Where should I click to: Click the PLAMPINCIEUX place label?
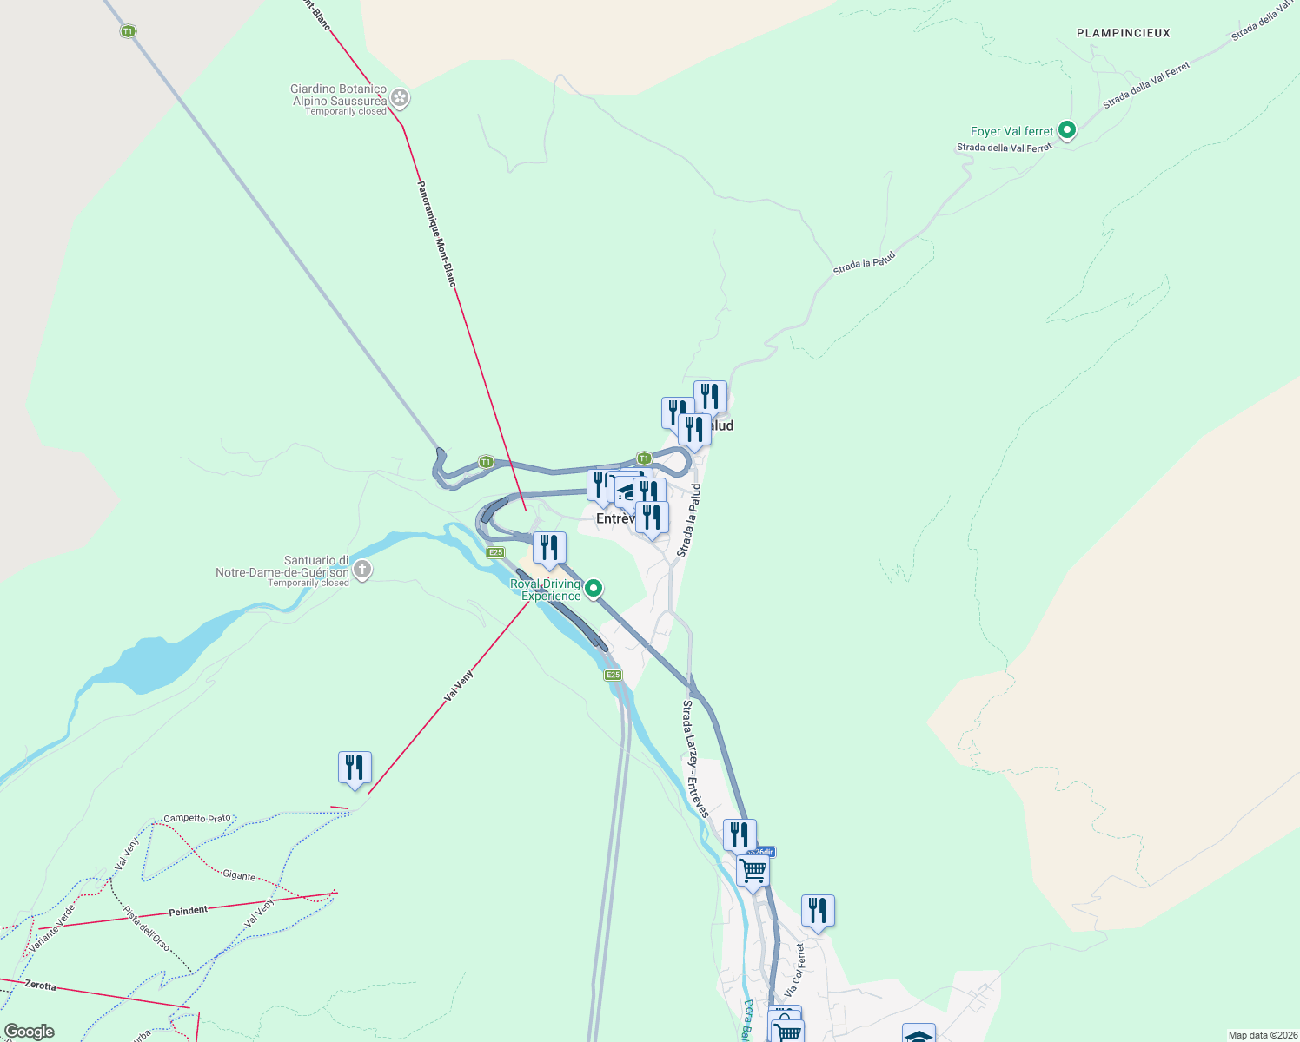click(x=1123, y=33)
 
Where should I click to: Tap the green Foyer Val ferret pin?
click(x=1067, y=130)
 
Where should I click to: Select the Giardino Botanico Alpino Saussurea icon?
click(x=400, y=97)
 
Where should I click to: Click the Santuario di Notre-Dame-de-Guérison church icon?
click(x=362, y=570)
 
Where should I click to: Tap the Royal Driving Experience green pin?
click(x=594, y=589)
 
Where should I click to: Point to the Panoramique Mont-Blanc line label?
click(x=436, y=233)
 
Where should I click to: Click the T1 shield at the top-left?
click(x=128, y=31)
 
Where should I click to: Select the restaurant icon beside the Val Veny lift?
click(x=355, y=768)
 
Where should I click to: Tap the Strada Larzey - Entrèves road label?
click(x=696, y=758)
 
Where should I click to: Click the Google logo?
click(x=29, y=1032)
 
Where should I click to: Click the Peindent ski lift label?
click(x=189, y=910)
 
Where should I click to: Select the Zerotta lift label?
click(x=41, y=986)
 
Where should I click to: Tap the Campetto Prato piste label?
click(x=197, y=818)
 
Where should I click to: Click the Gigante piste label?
click(x=239, y=875)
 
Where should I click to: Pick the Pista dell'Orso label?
click(x=146, y=927)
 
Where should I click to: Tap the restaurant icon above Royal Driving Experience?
click(x=549, y=548)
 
